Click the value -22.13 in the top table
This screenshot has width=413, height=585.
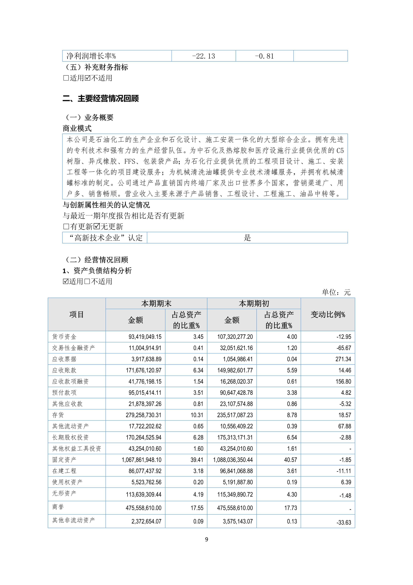point(203,56)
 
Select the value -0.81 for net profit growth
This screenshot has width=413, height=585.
point(264,56)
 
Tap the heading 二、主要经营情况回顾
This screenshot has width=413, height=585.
point(101,98)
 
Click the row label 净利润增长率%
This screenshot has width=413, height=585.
point(91,56)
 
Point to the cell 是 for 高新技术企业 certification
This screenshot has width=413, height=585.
point(247,238)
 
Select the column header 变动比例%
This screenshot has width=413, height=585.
point(328,314)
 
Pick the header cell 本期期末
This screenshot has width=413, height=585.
point(156,304)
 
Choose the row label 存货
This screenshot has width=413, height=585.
point(58,415)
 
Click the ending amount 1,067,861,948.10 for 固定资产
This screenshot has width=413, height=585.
point(142,460)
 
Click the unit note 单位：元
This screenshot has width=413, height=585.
point(336,292)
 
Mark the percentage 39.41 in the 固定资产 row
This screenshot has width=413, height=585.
point(197,460)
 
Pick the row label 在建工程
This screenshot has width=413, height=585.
point(64,471)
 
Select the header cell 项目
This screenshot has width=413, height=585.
point(77,314)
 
